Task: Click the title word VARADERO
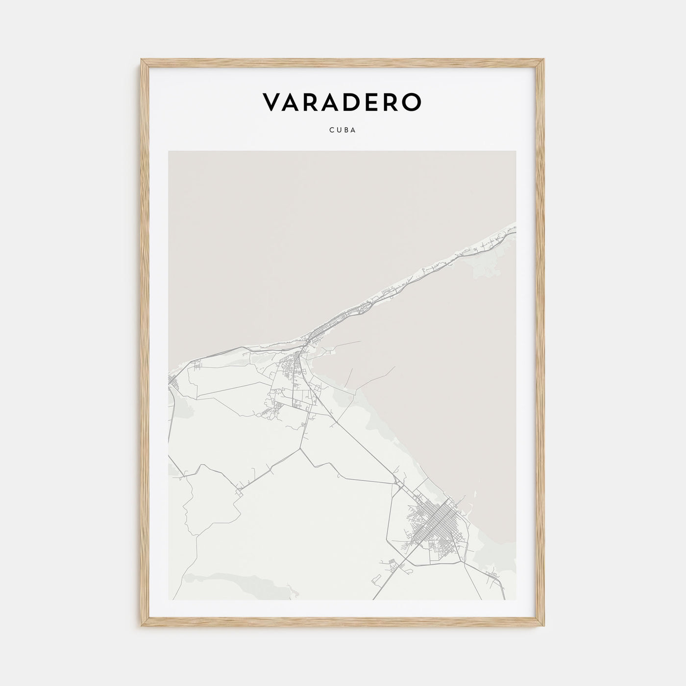(342, 102)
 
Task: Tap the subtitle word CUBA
(343, 131)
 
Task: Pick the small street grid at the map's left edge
(172, 380)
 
